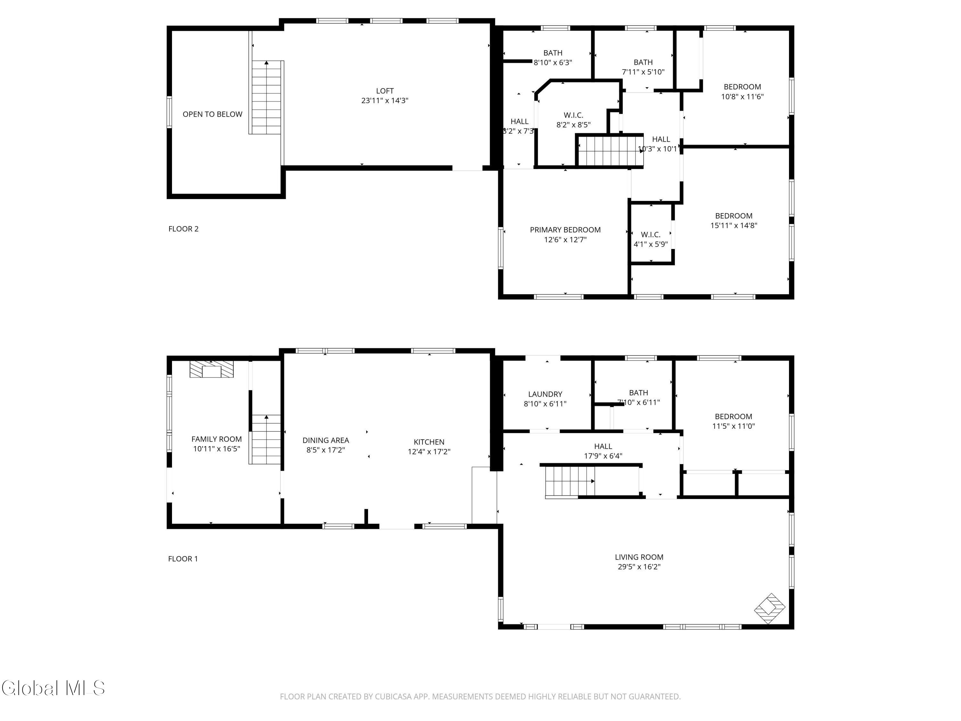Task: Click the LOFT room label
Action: click(384, 91)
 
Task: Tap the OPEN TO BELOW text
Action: click(212, 114)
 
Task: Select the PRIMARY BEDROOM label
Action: click(565, 230)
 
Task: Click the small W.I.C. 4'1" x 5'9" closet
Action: click(650, 239)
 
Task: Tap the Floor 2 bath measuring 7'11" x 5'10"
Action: click(643, 67)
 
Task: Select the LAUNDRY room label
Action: click(545, 394)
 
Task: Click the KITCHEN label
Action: click(429, 442)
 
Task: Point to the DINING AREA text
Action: click(325, 440)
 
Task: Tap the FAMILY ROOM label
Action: click(216, 439)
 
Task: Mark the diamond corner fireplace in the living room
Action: click(769, 609)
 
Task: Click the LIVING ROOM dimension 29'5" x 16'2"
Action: click(639, 567)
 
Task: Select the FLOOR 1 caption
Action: click(183, 559)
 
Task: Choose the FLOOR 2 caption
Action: click(183, 229)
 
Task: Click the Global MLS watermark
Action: click(53, 688)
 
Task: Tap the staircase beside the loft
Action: click(266, 98)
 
